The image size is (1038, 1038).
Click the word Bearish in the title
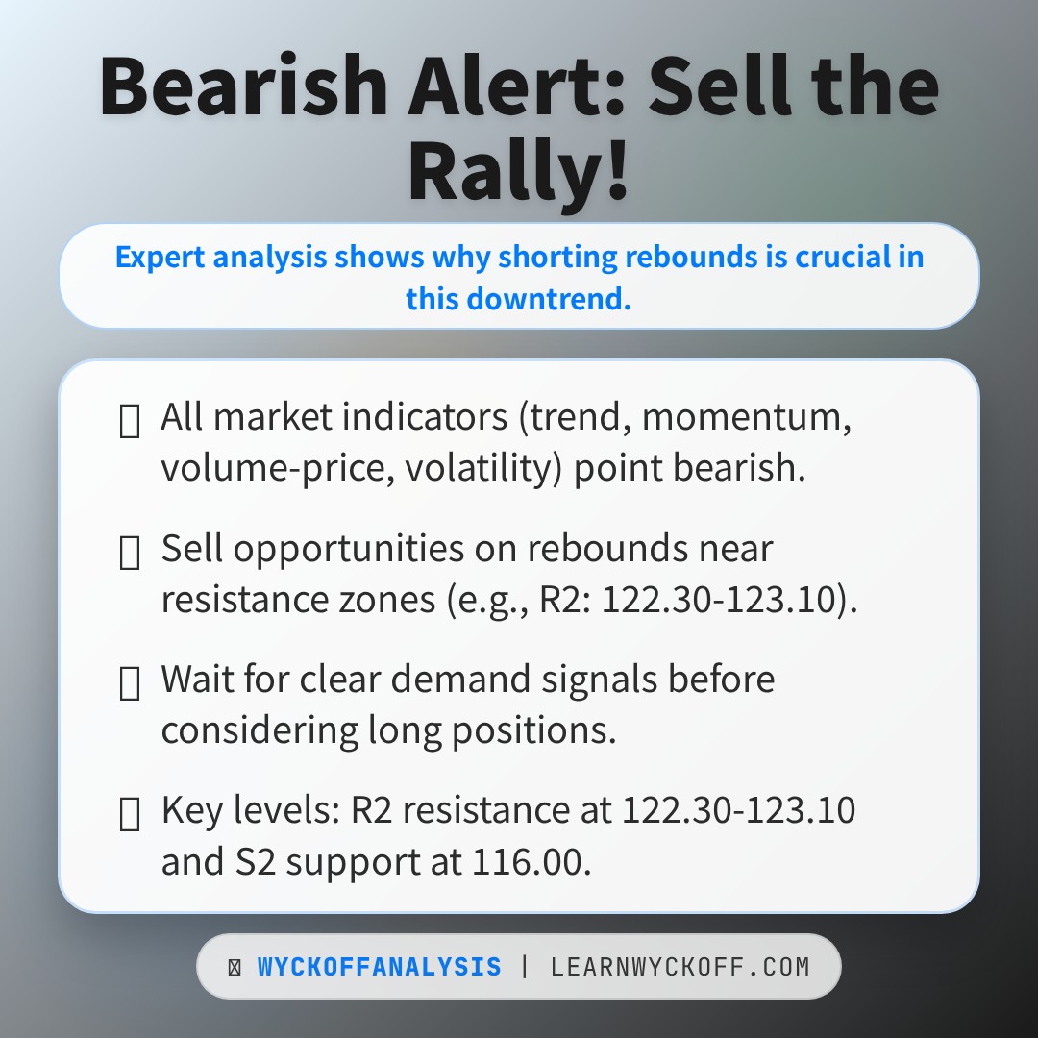[244, 86]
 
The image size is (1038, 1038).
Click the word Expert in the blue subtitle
[160, 258]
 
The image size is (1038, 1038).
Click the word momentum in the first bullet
[748, 417]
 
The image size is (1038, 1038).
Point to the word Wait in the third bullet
[197, 680]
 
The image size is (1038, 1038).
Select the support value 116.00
[529, 861]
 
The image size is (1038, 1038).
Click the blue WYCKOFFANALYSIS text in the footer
[379, 967]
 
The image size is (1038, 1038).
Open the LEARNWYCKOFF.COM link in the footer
[680, 967]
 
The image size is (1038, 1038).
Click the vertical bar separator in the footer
[525, 967]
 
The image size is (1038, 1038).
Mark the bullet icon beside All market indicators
[129, 421]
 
